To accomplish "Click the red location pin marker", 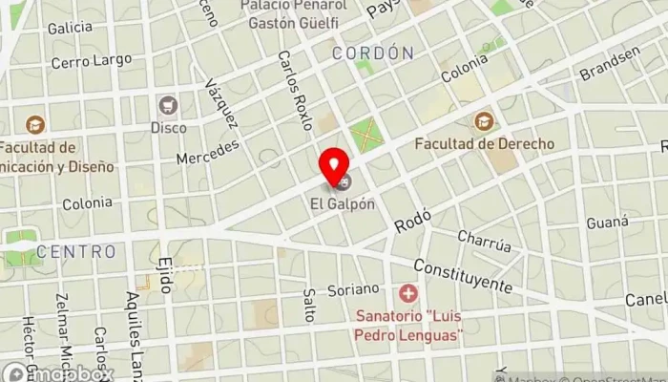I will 334,166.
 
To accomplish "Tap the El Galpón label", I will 341,203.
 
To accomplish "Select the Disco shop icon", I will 169,105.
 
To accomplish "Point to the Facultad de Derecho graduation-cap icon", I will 484,121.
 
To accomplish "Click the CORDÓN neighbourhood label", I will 372,53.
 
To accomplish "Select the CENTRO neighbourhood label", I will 76,252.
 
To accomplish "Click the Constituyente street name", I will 463,276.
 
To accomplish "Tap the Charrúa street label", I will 484,241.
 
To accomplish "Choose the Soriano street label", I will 354,287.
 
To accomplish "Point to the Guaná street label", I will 608,222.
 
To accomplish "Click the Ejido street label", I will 165,275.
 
